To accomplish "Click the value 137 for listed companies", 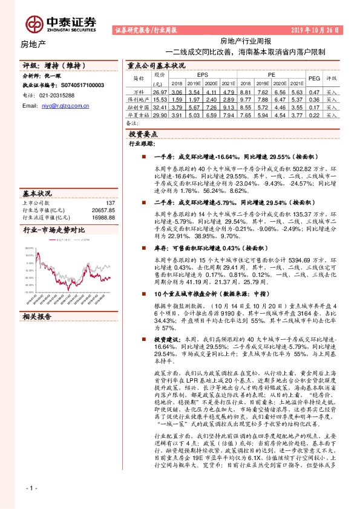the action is point(110,203).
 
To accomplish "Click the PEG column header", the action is point(314,78).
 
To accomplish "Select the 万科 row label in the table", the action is point(139,91).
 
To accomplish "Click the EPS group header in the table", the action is point(194,74).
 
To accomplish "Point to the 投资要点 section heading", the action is point(143,134).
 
